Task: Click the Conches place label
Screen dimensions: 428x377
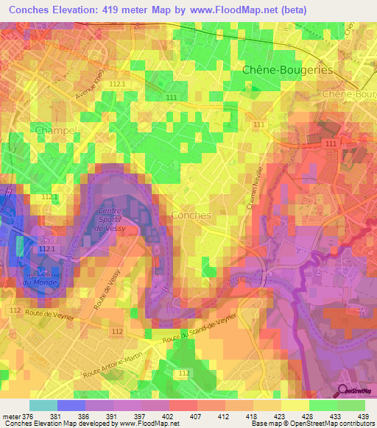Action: click(x=191, y=215)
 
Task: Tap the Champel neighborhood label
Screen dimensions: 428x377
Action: click(x=56, y=130)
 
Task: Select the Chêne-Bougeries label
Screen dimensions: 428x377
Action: click(x=287, y=70)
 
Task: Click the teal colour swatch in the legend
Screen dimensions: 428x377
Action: click(x=43, y=405)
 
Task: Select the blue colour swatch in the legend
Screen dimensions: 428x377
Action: click(x=71, y=405)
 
